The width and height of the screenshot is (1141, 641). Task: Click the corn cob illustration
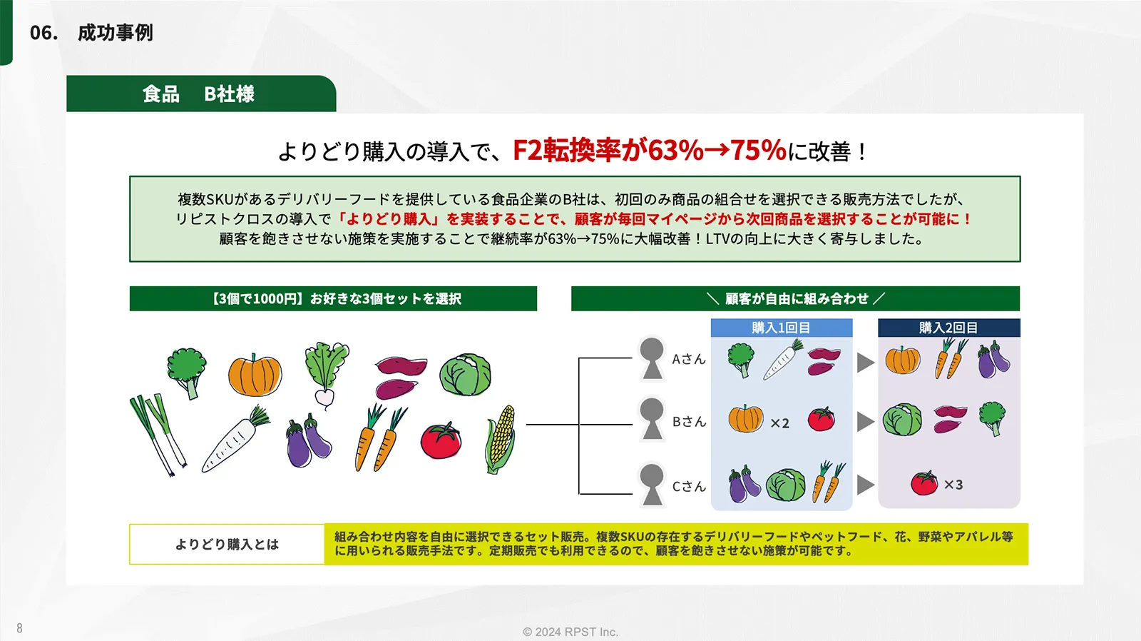point(500,440)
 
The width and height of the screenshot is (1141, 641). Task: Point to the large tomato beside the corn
point(441,440)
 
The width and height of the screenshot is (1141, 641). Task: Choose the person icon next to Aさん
point(652,359)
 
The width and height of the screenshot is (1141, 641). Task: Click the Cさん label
point(689,487)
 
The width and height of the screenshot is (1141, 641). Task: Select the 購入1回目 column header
point(782,328)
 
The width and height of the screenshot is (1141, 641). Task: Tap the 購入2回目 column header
point(948,328)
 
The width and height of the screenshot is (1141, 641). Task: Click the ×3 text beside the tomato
point(953,485)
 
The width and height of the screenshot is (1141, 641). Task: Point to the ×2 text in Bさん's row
point(779,423)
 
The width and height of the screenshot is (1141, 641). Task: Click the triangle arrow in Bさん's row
point(866,422)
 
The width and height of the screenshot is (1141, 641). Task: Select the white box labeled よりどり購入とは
point(227,544)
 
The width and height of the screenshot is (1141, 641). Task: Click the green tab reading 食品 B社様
point(201,94)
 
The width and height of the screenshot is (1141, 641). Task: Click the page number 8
point(19,627)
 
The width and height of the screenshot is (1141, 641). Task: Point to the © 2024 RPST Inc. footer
point(570,632)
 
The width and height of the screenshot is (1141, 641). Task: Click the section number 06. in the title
point(44,33)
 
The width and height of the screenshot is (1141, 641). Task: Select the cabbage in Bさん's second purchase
point(902,420)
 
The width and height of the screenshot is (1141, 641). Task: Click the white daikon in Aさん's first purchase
point(783,360)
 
